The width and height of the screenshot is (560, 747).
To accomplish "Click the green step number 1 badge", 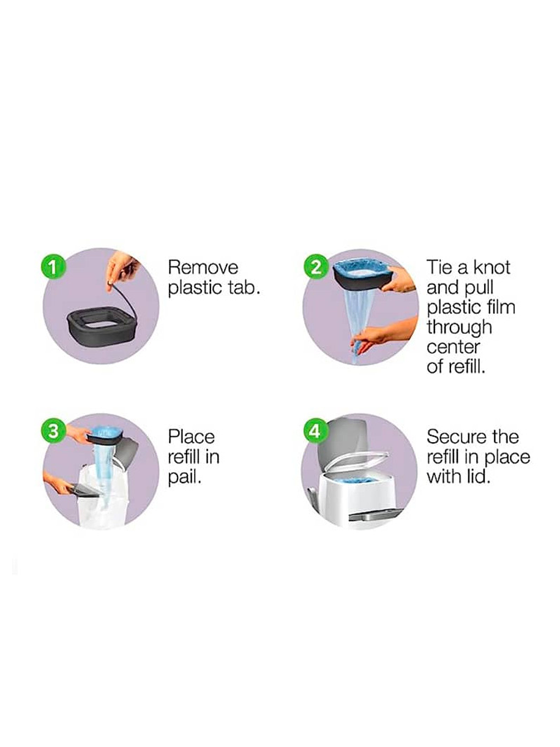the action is pyautogui.click(x=53, y=268).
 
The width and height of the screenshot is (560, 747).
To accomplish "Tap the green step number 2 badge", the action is pyautogui.click(x=316, y=268).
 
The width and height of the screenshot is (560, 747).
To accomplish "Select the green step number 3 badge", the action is pyautogui.click(x=53, y=432).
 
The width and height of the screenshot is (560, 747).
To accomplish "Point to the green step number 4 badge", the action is pyautogui.click(x=316, y=432).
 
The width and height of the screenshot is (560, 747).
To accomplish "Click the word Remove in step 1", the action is pyautogui.click(x=203, y=268).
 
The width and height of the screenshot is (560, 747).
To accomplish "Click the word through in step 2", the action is pyautogui.click(x=459, y=328).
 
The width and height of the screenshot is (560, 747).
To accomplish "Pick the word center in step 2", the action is pyautogui.click(x=453, y=347).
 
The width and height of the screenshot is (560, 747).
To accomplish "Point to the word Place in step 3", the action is pyautogui.click(x=192, y=437).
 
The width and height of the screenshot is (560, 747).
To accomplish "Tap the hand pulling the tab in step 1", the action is pyautogui.click(x=121, y=273).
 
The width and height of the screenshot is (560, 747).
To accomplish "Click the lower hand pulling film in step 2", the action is pyautogui.click(x=386, y=332).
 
